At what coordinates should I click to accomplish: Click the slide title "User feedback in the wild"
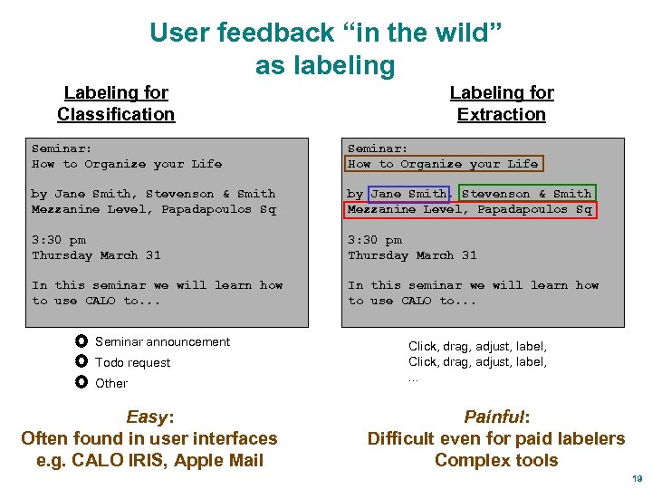pyautogui.click(x=325, y=34)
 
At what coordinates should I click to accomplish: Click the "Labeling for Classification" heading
pyautogui.click(x=116, y=103)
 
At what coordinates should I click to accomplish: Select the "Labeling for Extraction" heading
pyautogui.click(x=502, y=103)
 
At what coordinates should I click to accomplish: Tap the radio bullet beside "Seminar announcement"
pyautogui.click(x=81, y=341)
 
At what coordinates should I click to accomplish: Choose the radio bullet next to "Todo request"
pyautogui.click(x=81, y=362)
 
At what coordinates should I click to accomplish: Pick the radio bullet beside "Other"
pyautogui.click(x=81, y=383)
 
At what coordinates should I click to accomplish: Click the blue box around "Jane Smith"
pyautogui.click(x=409, y=194)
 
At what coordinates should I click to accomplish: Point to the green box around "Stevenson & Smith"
pyautogui.click(x=526, y=194)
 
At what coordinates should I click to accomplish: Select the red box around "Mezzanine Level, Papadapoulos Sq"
pyautogui.click(x=470, y=209)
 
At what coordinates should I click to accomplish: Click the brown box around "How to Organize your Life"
pyautogui.click(x=444, y=164)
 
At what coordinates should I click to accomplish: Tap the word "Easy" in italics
pyautogui.click(x=147, y=417)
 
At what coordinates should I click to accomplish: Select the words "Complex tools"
pyautogui.click(x=496, y=460)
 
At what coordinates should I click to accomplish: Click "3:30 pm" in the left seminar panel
pyautogui.click(x=59, y=240)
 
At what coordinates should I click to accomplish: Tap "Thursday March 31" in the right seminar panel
pyautogui.click(x=412, y=255)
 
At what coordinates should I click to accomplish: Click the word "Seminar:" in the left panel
pyautogui.click(x=62, y=148)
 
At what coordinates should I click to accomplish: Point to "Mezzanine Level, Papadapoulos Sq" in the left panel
pyautogui.click(x=153, y=209)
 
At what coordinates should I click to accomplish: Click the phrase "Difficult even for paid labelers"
pyautogui.click(x=496, y=439)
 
